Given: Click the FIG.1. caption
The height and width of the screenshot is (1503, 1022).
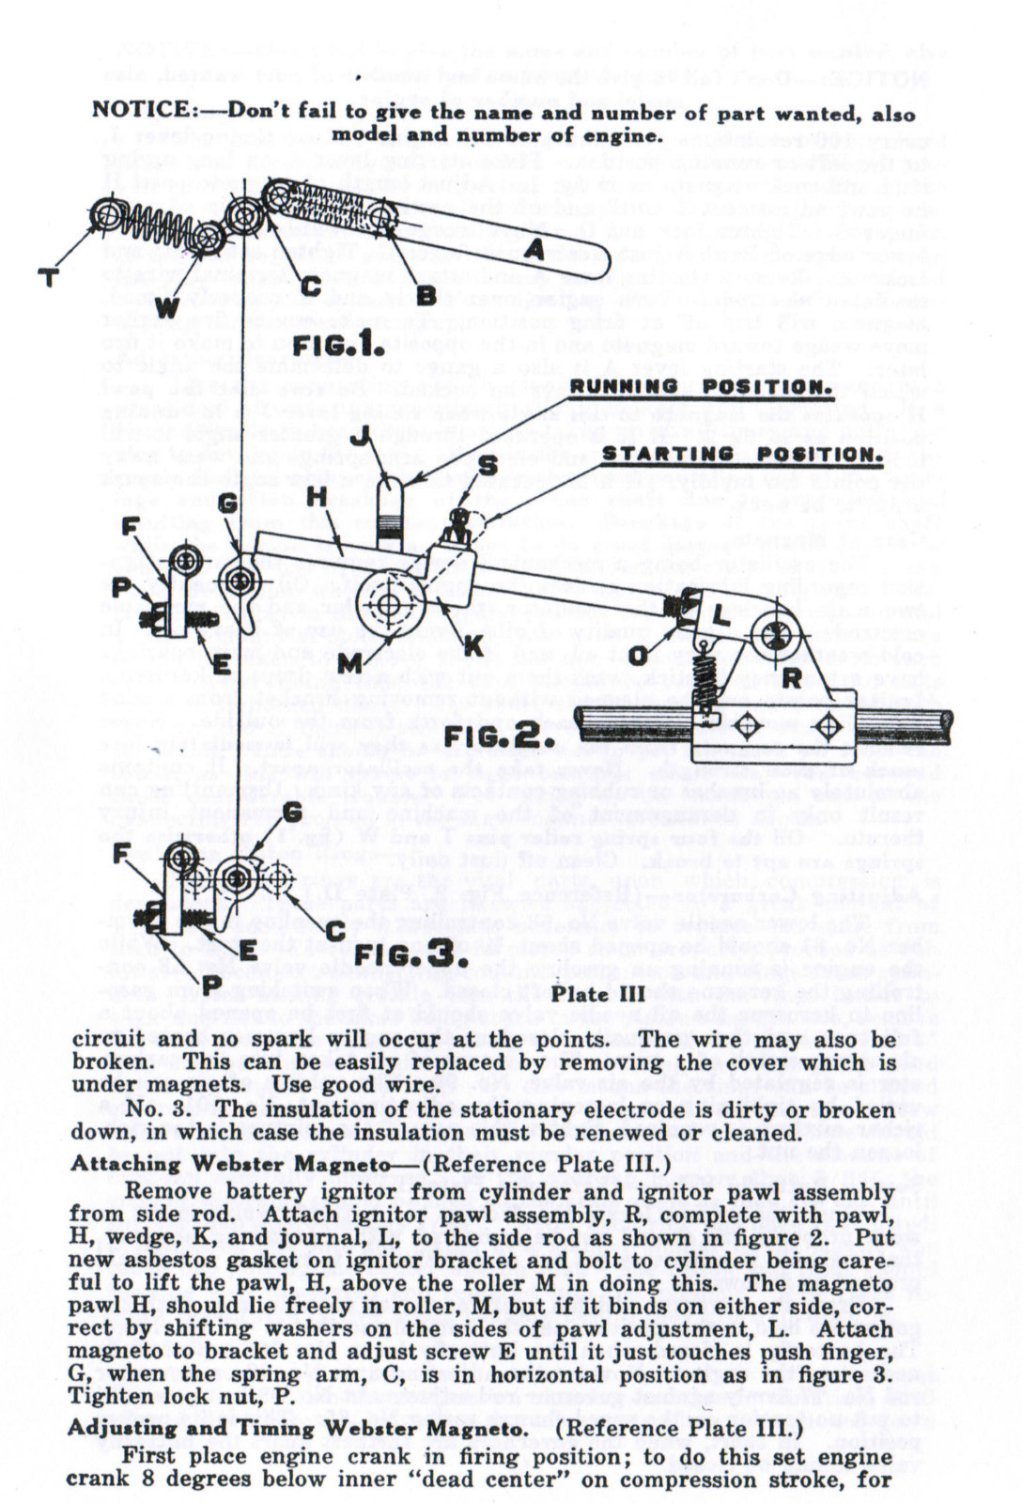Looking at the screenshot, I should [339, 345].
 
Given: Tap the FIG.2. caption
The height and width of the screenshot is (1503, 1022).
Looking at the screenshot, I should [491, 736].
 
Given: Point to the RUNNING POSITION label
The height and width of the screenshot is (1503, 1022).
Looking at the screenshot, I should [701, 387].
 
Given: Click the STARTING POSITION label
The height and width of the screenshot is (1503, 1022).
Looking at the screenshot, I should [742, 455].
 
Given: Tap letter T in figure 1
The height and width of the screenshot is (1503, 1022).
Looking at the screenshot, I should [49, 277].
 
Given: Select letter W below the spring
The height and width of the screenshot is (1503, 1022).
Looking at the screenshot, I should [166, 306].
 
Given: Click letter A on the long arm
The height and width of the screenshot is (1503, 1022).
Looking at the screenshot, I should [534, 250].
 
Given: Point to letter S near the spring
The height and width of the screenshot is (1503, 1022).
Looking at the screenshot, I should [488, 465].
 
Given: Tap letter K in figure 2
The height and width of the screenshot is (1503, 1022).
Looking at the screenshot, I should [472, 645].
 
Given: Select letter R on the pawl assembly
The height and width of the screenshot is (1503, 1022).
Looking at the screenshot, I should [791, 677].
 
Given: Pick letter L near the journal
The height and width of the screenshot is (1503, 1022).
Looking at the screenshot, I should [720, 617].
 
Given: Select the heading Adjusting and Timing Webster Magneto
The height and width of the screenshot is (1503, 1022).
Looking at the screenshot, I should [296, 1429].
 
